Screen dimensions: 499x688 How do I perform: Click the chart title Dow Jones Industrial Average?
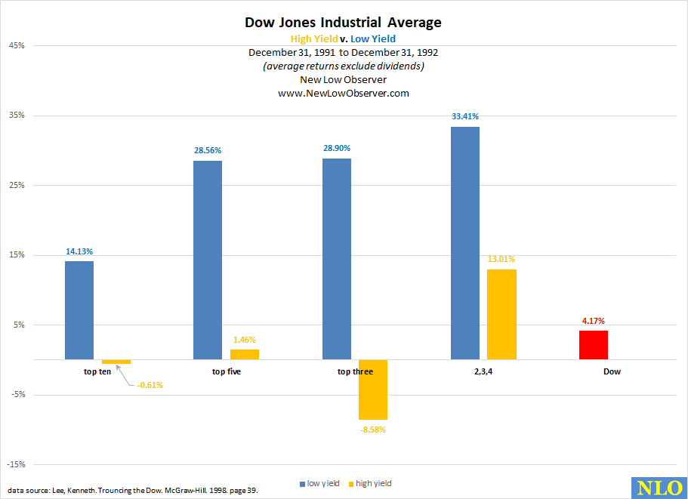343,23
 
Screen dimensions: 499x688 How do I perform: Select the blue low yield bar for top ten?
79,310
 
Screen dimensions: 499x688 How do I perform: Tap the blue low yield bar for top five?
208,260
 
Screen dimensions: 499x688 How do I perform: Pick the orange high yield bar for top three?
373,390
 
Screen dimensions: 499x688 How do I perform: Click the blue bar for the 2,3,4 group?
465,243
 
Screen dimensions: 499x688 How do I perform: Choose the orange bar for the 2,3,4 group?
501,314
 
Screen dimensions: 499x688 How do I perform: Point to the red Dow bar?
594,345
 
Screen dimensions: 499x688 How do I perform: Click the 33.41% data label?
464,116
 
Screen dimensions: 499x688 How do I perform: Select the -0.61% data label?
150,385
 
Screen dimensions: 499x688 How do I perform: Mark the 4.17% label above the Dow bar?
594,321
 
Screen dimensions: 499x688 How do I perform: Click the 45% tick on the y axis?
17,45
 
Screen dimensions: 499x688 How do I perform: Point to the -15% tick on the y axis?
16,464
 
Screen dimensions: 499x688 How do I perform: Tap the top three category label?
355,371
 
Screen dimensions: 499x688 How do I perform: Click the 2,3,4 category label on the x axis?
483,371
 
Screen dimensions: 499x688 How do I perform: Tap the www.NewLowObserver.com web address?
343,93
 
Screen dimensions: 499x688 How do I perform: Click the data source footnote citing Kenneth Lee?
133,491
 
